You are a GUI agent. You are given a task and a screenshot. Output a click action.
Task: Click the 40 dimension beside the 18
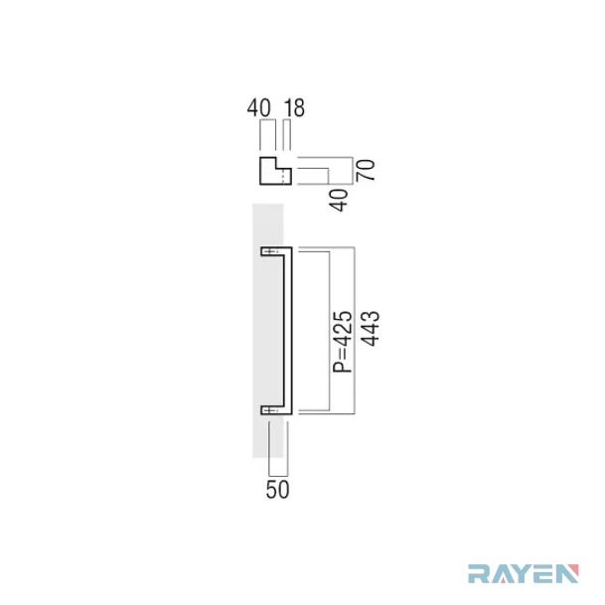tap(259, 108)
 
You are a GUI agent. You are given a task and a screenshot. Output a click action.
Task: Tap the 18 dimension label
tap(294, 108)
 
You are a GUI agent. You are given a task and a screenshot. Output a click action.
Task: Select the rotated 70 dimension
tap(366, 170)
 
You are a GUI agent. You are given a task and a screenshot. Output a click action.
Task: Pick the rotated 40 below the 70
tap(339, 201)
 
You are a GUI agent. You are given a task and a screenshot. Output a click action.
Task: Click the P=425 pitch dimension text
tap(343, 342)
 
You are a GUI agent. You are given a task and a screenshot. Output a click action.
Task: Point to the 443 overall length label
tap(370, 328)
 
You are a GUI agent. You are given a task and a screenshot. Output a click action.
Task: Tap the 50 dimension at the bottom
tap(277, 490)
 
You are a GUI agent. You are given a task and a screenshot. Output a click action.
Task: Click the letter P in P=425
tap(343, 367)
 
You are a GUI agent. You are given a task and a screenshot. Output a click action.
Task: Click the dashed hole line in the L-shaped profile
tap(284, 177)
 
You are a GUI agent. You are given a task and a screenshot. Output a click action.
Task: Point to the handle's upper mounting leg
tap(271, 251)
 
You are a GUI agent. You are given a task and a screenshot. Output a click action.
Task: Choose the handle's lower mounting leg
tap(271, 410)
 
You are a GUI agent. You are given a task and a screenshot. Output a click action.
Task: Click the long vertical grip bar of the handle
tap(288, 331)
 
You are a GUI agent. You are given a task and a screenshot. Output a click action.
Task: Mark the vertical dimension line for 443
tap(355, 331)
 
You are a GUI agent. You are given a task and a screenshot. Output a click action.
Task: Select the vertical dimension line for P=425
tap(329, 331)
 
